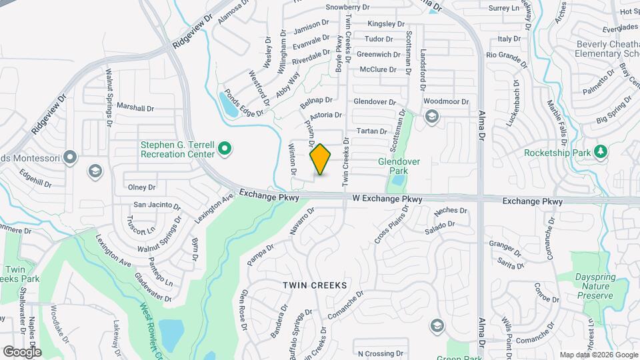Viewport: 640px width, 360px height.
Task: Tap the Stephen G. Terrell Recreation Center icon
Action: point(225,149)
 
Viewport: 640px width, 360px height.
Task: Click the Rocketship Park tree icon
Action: point(599,153)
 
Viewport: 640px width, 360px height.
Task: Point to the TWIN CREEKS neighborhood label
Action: point(315,285)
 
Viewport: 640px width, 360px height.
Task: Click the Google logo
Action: point(22,351)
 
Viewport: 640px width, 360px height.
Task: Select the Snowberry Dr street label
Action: point(347,7)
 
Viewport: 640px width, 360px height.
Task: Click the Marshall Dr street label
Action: point(135,107)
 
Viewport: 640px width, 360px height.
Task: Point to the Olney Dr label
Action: point(141,187)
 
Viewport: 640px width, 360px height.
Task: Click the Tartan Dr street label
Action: point(372,131)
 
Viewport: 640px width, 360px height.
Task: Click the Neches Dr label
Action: point(445,211)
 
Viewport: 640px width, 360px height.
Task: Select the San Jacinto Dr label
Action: point(157,205)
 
